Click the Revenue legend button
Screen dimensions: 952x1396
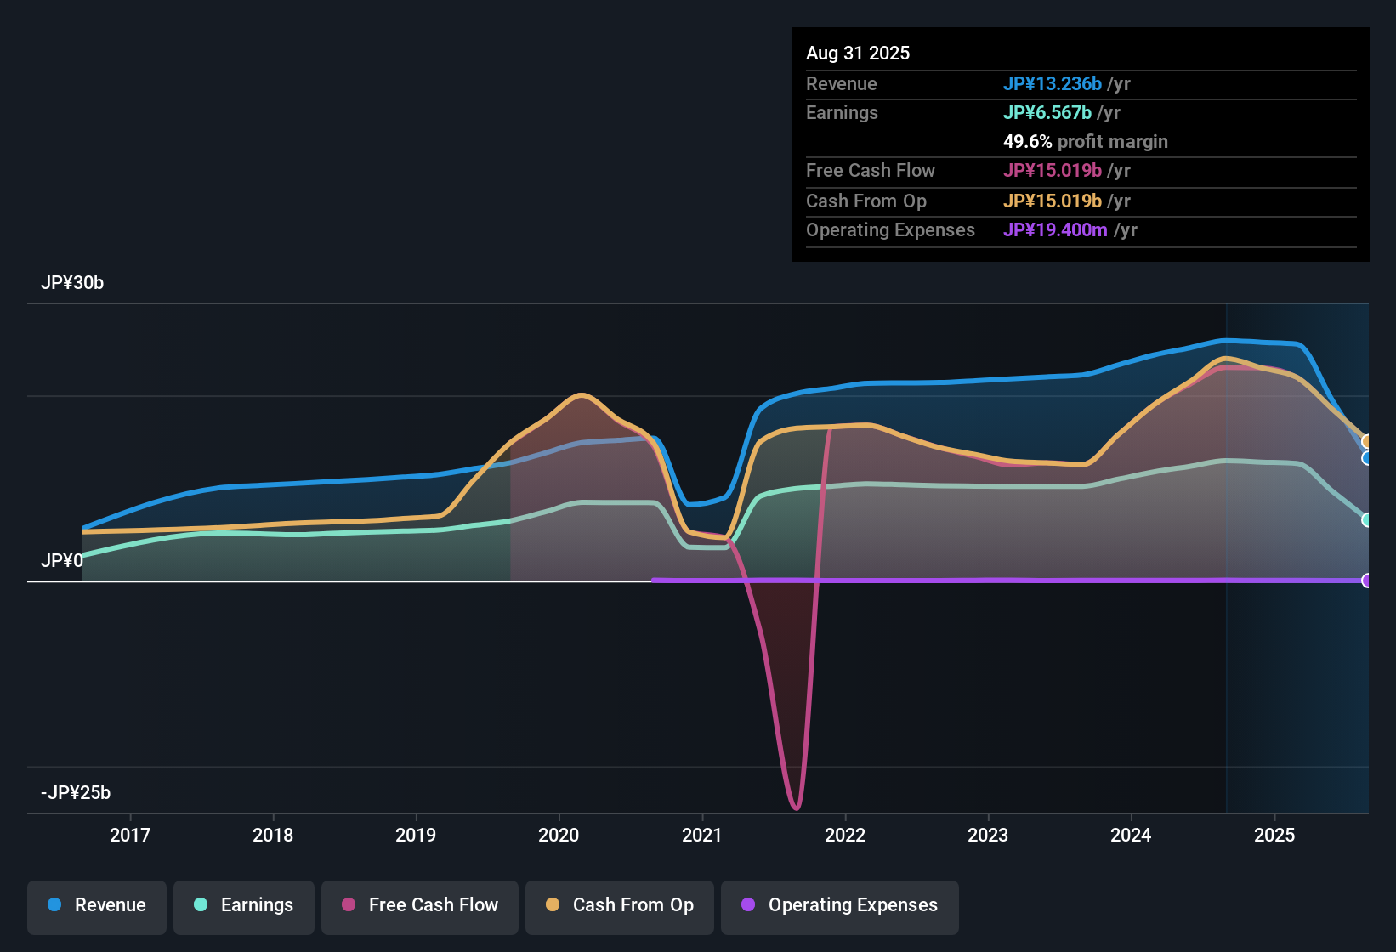(x=97, y=905)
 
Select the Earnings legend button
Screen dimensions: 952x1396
(x=244, y=905)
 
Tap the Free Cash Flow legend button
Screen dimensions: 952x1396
(x=420, y=905)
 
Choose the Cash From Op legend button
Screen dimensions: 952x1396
(x=620, y=905)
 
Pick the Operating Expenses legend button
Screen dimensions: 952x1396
(x=840, y=905)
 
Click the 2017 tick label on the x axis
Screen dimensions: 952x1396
(x=130, y=835)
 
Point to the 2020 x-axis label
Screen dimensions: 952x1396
(x=559, y=835)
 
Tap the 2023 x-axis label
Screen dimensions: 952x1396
(x=988, y=835)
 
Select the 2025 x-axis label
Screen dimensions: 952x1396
(x=1274, y=835)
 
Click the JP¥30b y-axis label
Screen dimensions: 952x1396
(x=72, y=283)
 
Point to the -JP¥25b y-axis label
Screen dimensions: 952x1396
(x=76, y=793)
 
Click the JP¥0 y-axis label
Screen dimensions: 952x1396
(x=62, y=561)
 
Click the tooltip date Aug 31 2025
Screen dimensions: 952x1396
(x=858, y=54)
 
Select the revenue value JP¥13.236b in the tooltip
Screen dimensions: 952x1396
(x=1053, y=84)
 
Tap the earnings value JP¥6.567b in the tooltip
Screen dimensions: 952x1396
(x=1047, y=113)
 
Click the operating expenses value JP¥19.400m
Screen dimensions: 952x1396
(x=1055, y=230)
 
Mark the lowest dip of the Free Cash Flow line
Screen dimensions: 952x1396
(x=796, y=807)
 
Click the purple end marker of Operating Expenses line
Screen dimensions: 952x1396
(x=1366, y=581)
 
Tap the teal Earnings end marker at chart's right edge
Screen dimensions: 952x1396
(x=1366, y=520)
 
